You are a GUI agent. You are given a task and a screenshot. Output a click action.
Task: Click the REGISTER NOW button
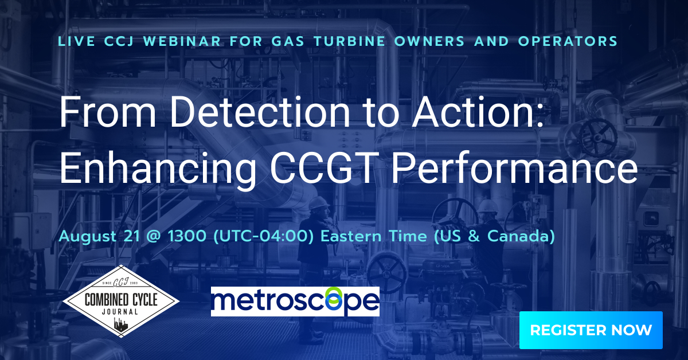coord(591,330)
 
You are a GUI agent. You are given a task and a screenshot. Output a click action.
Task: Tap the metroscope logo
coord(295,302)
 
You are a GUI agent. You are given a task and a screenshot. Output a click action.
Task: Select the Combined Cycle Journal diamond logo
coord(121,301)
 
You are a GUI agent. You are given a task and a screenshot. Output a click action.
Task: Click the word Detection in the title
coord(260,112)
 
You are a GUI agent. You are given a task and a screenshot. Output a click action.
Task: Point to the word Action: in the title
coord(478,112)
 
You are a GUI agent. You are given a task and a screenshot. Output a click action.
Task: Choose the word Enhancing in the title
coord(158,169)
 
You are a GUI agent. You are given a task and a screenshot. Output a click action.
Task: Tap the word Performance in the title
coord(515,169)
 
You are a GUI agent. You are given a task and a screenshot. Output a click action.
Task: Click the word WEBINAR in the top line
coord(182,41)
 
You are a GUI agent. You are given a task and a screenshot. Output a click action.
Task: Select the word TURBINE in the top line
coord(350,41)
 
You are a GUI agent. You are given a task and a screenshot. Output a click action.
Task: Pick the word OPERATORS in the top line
coord(568,41)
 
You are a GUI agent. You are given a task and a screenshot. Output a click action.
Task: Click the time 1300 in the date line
coord(187,236)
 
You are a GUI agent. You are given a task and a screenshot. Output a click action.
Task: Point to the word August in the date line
coord(88,237)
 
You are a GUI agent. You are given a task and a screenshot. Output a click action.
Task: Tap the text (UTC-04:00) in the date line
coord(263,236)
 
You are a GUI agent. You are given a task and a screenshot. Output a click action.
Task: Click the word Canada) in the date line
coord(521,236)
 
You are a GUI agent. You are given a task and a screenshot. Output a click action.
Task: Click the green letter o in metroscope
coord(334,299)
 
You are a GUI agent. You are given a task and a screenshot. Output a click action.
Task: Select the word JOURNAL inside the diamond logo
coord(120,312)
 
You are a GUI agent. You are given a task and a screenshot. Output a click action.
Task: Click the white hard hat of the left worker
coord(319,203)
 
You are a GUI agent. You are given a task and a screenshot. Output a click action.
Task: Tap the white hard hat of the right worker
coord(487,206)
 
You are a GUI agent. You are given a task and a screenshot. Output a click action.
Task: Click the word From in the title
coord(108,112)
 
